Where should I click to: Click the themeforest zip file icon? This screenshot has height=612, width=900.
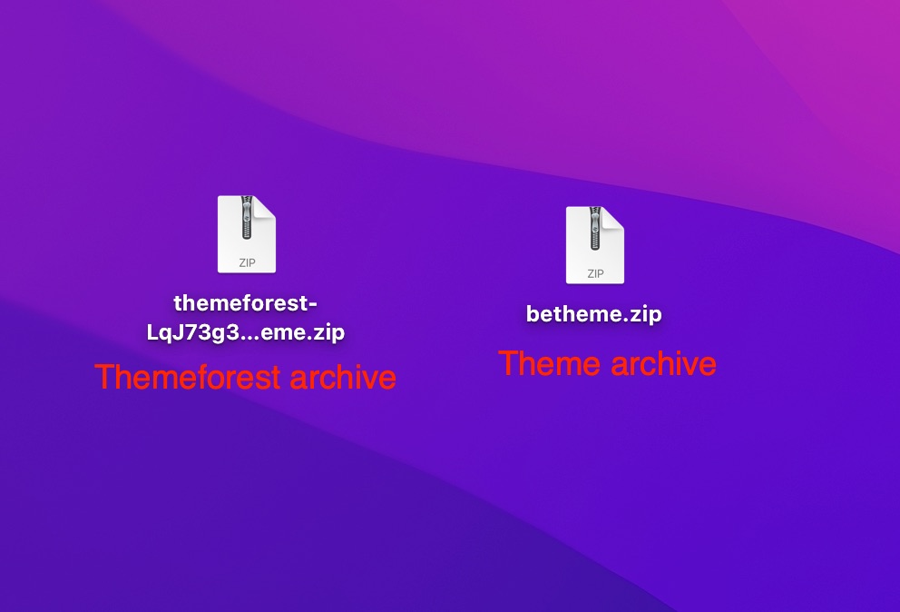[x=246, y=234]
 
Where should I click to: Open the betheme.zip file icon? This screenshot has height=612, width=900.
[x=594, y=245]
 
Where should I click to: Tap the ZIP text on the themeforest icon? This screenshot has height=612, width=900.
[x=247, y=262]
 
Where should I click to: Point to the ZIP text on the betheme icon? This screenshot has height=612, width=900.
[x=595, y=273]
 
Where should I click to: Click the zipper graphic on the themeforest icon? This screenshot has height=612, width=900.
[x=246, y=218]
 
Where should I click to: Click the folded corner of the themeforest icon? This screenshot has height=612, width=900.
[x=267, y=205]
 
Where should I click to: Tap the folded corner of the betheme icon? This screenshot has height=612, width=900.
[x=615, y=216]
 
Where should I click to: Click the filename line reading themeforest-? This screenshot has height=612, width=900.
[x=246, y=302]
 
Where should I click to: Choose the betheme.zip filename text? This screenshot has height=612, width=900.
[x=594, y=314]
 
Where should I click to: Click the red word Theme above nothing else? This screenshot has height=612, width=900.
[x=549, y=363]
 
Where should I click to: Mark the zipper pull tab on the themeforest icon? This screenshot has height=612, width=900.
[x=246, y=233]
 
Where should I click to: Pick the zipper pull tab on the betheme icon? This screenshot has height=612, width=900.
[x=594, y=243]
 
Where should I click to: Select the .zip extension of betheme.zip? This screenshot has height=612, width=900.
[x=641, y=314]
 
